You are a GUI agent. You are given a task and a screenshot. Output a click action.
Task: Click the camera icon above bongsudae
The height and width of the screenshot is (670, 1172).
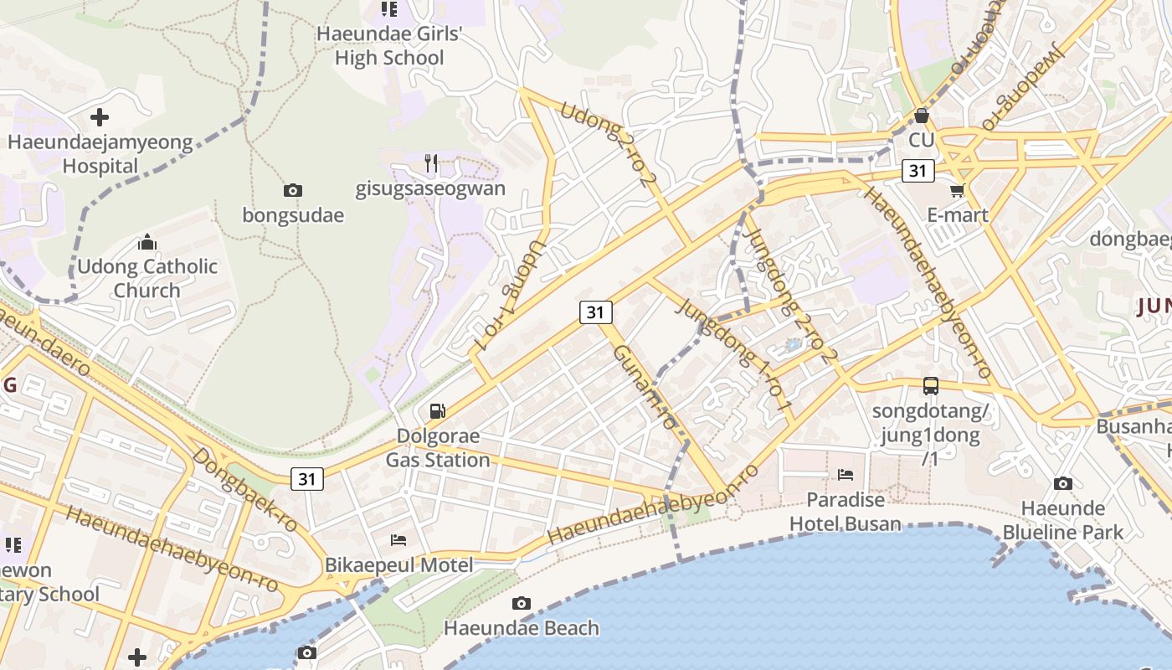coord(292,191)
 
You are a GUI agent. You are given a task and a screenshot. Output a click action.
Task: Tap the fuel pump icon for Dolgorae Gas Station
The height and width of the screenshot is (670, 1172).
coord(437,411)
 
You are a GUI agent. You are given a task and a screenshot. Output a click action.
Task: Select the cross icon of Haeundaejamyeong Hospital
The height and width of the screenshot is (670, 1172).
coord(100,117)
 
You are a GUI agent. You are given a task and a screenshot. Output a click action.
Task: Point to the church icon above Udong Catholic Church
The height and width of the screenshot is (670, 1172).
coord(147,243)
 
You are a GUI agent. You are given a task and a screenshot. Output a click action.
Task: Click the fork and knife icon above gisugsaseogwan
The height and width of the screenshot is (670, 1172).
coord(431,163)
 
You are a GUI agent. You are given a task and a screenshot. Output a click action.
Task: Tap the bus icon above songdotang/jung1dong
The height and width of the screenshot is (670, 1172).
coord(930,386)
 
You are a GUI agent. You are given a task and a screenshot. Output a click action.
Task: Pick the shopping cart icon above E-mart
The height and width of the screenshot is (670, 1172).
coord(958,190)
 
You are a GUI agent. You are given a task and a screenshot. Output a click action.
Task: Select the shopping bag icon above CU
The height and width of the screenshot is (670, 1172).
coord(922,116)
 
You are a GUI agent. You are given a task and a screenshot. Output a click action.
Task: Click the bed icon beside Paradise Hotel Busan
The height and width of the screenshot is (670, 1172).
coord(846,475)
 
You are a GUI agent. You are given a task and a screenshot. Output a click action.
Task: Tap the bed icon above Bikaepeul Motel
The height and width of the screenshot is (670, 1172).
coord(398,540)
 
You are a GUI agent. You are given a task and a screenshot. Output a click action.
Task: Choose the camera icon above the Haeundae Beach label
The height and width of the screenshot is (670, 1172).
coord(521,603)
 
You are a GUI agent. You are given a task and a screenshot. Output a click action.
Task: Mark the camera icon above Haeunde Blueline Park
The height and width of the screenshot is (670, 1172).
coord(1062,483)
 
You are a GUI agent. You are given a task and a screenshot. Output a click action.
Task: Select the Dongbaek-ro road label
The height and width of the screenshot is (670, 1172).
coord(245,490)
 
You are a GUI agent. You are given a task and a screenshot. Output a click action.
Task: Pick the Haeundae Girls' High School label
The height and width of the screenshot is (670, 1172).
coord(389,46)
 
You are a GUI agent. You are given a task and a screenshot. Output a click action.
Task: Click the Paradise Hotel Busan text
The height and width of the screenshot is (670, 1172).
coord(846,512)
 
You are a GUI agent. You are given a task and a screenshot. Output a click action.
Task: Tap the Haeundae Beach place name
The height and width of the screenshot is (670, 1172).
coord(521,628)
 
